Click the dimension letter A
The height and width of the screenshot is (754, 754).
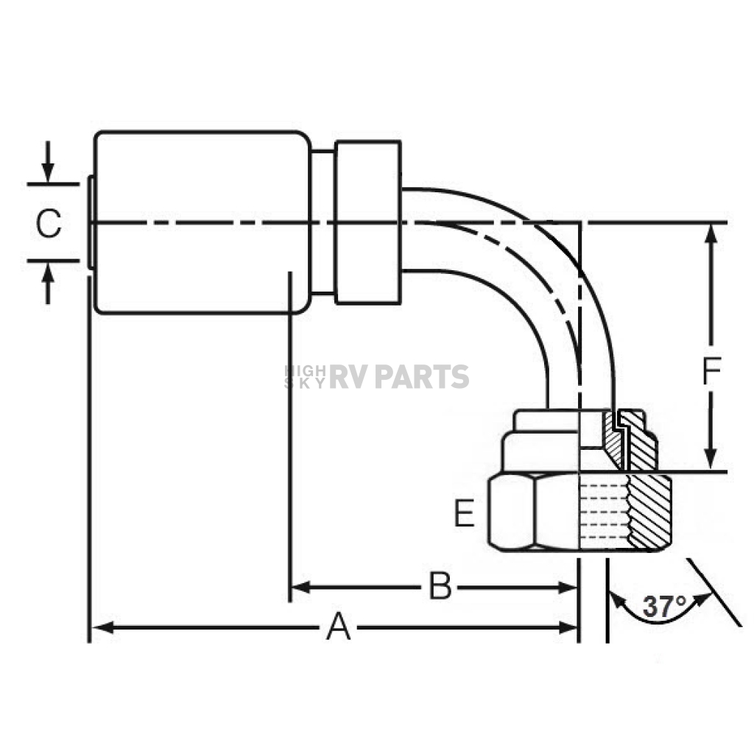(x=339, y=627)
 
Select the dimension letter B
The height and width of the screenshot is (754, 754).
(x=440, y=586)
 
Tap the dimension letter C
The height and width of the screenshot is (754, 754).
(x=49, y=223)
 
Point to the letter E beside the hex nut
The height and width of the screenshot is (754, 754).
(x=465, y=513)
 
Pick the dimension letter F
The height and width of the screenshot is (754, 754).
(x=712, y=371)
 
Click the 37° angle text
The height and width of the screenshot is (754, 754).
(x=665, y=607)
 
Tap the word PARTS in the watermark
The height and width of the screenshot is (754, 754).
(x=422, y=376)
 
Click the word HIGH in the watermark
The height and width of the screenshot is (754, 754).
(x=305, y=370)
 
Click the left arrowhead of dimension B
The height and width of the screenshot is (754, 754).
(x=301, y=587)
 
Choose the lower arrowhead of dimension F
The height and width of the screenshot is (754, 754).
(x=711, y=459)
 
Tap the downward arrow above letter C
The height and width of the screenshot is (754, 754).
(x=47, y=162)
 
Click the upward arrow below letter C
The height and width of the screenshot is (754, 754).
(x=47, y=283)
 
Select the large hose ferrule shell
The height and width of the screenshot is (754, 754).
(x=202, y=222)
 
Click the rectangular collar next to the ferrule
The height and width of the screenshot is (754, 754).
(x=368, y=222)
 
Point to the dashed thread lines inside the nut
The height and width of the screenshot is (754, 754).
(x=604, y=511)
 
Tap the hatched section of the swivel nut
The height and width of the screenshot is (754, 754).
(x=649, y=512)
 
